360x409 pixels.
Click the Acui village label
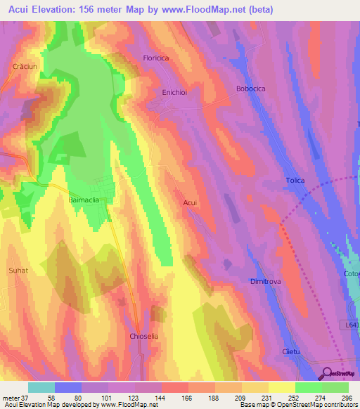pyautogui.click(x=190, y=202)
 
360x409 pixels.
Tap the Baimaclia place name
pyautogui.click(x=84, y=200)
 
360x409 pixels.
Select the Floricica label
pyautogui.click(x=157, y=58)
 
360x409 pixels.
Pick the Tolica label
pyautogui.click(x=295, y=181)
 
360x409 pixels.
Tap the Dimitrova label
pyautogui.click(x=265, y=281)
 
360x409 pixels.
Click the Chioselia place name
pyautogui.click(x=145, y=337)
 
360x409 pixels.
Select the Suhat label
pyautogui.click(x=18, y=269)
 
